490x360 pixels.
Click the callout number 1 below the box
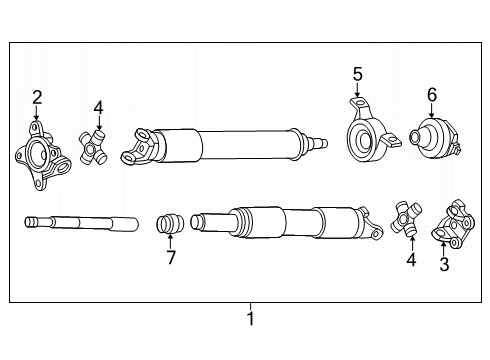tap(251, 320)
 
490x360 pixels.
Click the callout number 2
tap(37, 97)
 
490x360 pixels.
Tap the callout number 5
tap(357, 73)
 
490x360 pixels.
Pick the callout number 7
tap(171, 259)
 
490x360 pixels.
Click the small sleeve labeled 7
tap(169, 222)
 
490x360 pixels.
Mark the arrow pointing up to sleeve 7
tap(171, 243)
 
